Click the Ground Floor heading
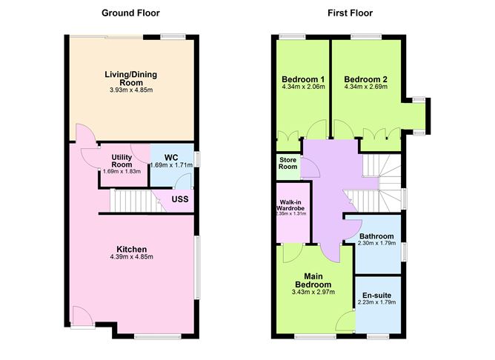(x=130, y=13)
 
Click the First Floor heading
(x=350, y=13)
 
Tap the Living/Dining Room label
(x=131, y=79)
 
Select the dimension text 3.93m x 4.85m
(x=131, y=90)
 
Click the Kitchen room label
(x=132, y=249)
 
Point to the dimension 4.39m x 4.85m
(x=132, y=257)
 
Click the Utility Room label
(x=122, y=161)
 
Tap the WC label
(x=171, y=158)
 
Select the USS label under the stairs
(x=180, y=199)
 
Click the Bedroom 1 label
(x=303, y=79)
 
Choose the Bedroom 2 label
(x=365, y=79)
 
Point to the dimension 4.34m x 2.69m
(x=365, y=87)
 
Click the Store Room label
(x=288, y=163)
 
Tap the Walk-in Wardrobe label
(x=290, y=205)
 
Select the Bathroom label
(x=376, y=236)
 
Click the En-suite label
(x=376, y=296)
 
